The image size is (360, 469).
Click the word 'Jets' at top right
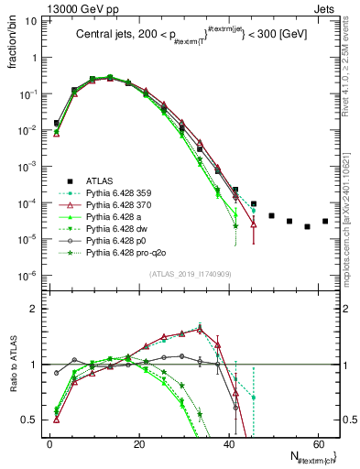click(x=325, y=8)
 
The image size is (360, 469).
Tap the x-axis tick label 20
click(x=138, y=444)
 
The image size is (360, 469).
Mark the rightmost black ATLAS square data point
click(x=325, y=221)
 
